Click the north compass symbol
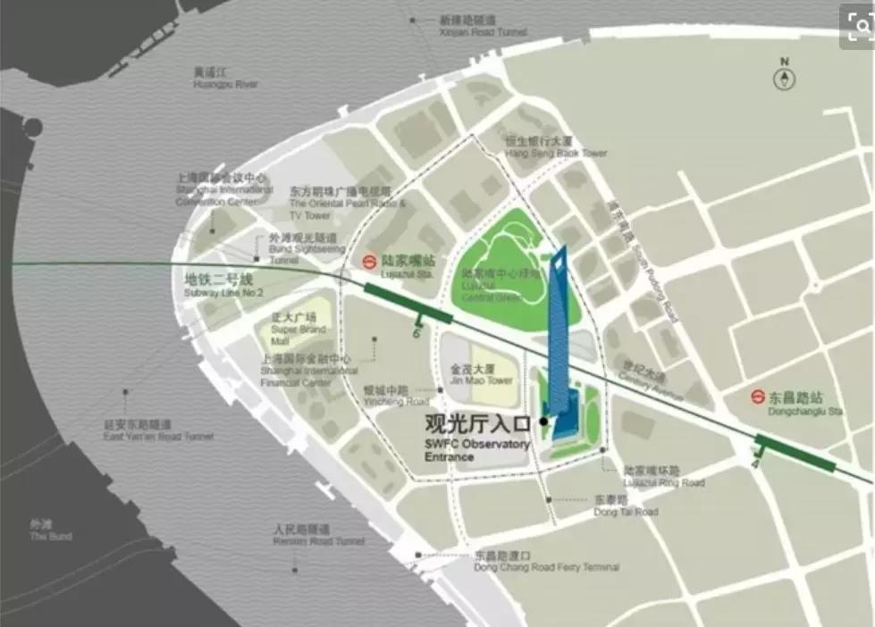(x=784, y=78)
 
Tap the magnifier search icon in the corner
(x=857, y=27)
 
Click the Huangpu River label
(x=225, y=79)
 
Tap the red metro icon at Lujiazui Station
(x=367, y=262)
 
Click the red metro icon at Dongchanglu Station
(x=756, y=399)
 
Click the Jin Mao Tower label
(x=482, y=374)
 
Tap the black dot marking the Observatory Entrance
(x=543, y=421)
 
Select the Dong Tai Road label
(x=626, y=506)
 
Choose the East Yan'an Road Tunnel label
(x=158, y=431)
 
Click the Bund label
(x=50, y=531)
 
